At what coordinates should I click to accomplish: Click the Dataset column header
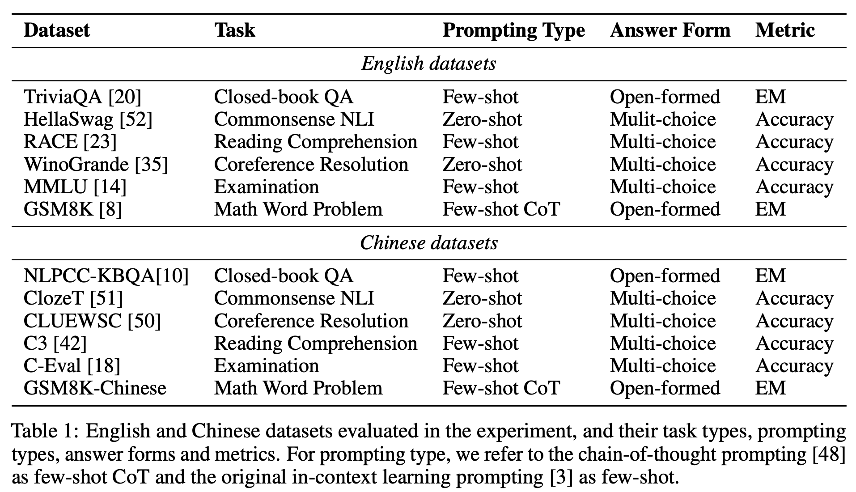click(57, 30)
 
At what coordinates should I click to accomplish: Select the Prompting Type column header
click(513, 30)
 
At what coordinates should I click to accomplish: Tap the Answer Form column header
click(670, 30)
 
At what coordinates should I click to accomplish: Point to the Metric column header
click(785, 30)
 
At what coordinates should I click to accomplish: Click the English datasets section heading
click(428, 64)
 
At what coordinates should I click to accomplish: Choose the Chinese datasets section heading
click(428, 243)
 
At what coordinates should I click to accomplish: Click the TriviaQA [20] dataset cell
click(82, 97)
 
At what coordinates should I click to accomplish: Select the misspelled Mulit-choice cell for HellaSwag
click(663, 119)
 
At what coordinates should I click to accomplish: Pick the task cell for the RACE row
click(315, 142)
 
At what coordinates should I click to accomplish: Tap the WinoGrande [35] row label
click(96, 165)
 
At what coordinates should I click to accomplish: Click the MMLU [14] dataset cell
click(75, 187)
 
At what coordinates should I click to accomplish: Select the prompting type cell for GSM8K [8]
click(501, 209)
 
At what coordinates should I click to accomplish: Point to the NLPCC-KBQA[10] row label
click(106, 276)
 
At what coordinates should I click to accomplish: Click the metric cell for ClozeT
click(794, 298)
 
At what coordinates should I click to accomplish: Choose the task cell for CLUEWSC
click(311, 321)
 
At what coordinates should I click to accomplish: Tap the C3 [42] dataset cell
click(55, 344)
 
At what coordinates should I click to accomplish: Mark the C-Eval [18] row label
click(72, 366)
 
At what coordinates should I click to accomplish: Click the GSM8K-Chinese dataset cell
click(95, 388)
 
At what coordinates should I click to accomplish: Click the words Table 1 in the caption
click(44, 431)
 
